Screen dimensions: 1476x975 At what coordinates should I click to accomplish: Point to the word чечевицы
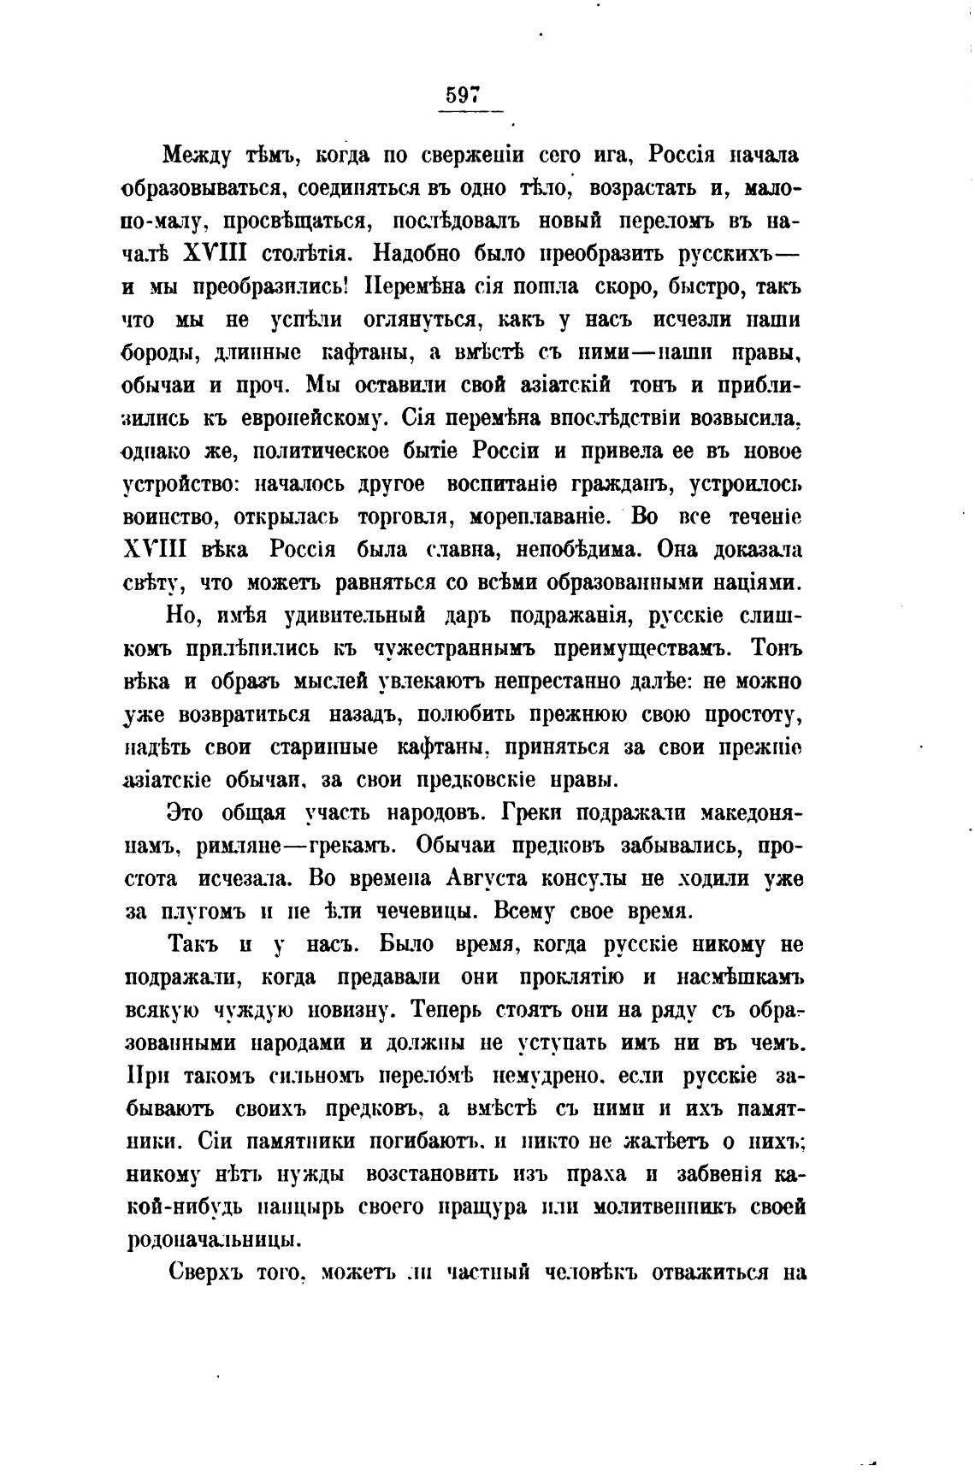click(x=414, y=912)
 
